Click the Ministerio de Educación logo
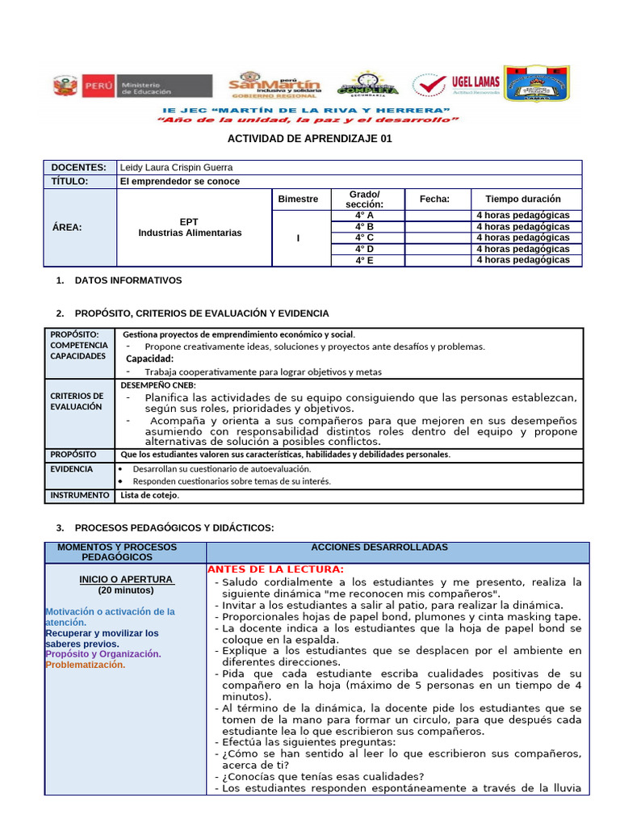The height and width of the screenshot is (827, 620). (x=133, y=86)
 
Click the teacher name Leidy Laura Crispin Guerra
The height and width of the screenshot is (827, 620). (x=176, y=167)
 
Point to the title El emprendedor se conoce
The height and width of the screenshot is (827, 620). (x=179, y=182)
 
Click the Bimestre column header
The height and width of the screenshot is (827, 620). (x=298, y=199)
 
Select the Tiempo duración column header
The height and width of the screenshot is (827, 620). (x=522, y=199)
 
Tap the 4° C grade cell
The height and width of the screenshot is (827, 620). (x=364, y=238)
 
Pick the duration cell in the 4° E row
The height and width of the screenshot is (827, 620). (x=522, y=260)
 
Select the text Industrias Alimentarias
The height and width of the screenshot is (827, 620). (x=190, y=233)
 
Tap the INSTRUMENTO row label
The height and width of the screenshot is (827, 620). (x=79, y=495)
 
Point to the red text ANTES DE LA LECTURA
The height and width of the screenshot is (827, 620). (x=276, y=569)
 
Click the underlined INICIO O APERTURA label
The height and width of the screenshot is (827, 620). (x=126, y=579)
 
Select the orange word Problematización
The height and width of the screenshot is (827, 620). (x=85, y=665)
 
